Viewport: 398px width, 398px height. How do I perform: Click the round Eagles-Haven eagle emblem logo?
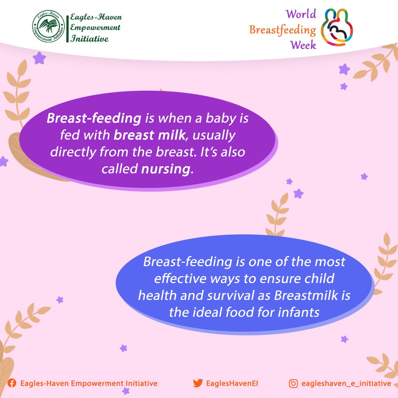(x=49, y=26)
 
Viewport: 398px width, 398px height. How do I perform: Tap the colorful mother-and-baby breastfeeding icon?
(x=337, y=27)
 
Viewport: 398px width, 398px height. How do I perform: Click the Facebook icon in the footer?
(x=12, y=383)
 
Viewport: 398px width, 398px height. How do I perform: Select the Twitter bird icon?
(x=198, y=383)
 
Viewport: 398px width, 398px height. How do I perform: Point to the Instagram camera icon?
(x=293, y=383)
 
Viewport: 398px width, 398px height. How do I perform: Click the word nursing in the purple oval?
(x=165, y=169)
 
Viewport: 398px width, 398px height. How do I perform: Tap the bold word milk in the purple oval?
(x=172, y=135)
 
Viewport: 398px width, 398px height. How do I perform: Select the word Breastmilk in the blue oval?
(x=306, y=295)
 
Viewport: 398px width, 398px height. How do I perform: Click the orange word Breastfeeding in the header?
(x=283, y=30)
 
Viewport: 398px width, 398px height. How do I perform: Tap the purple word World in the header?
(x=301, y=14)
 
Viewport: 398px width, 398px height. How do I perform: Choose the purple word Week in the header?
(x=303, y=45)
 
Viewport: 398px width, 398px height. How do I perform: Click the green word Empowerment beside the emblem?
(x=95, y=28)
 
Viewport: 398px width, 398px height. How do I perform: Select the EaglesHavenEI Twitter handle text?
(x=232, y=383)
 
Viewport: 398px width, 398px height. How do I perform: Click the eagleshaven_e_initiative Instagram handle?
(x=346, y=383)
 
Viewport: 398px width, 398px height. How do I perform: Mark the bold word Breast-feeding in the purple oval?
(x=94, y=118)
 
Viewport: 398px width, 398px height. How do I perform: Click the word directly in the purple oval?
(x=73, y=152)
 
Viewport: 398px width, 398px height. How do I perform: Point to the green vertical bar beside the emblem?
(x=67, y=29)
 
